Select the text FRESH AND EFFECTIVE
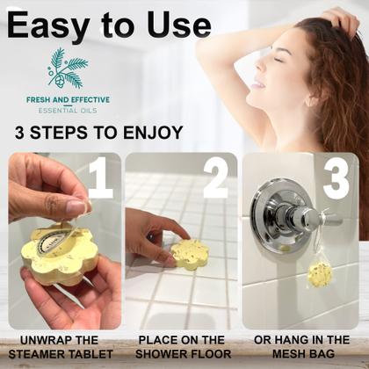pyautogui.click(x=68, y=99)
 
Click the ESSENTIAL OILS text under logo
pyautogui.click(x=68, y=111)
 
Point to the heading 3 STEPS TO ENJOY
pyautogui.click(x=98, y=134)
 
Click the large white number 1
pyautogui.click(x=100, y=178)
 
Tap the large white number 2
pyautogui.click(x=214, y=178)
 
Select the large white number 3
pyautogui.click(x=335, y=178)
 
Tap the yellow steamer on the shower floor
pyautogui.click(x=189, y=254)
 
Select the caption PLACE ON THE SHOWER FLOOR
pyautogui.click(x=181, y=348)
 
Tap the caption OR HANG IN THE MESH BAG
pyautogui.click(x=302, y=348)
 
